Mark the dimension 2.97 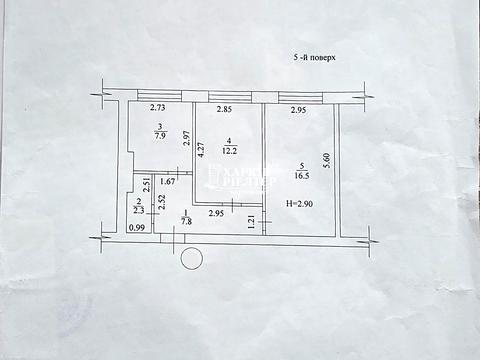[186, 143]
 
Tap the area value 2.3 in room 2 [139, 210]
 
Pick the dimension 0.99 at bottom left [136, 227]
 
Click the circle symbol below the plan [190, 260]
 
